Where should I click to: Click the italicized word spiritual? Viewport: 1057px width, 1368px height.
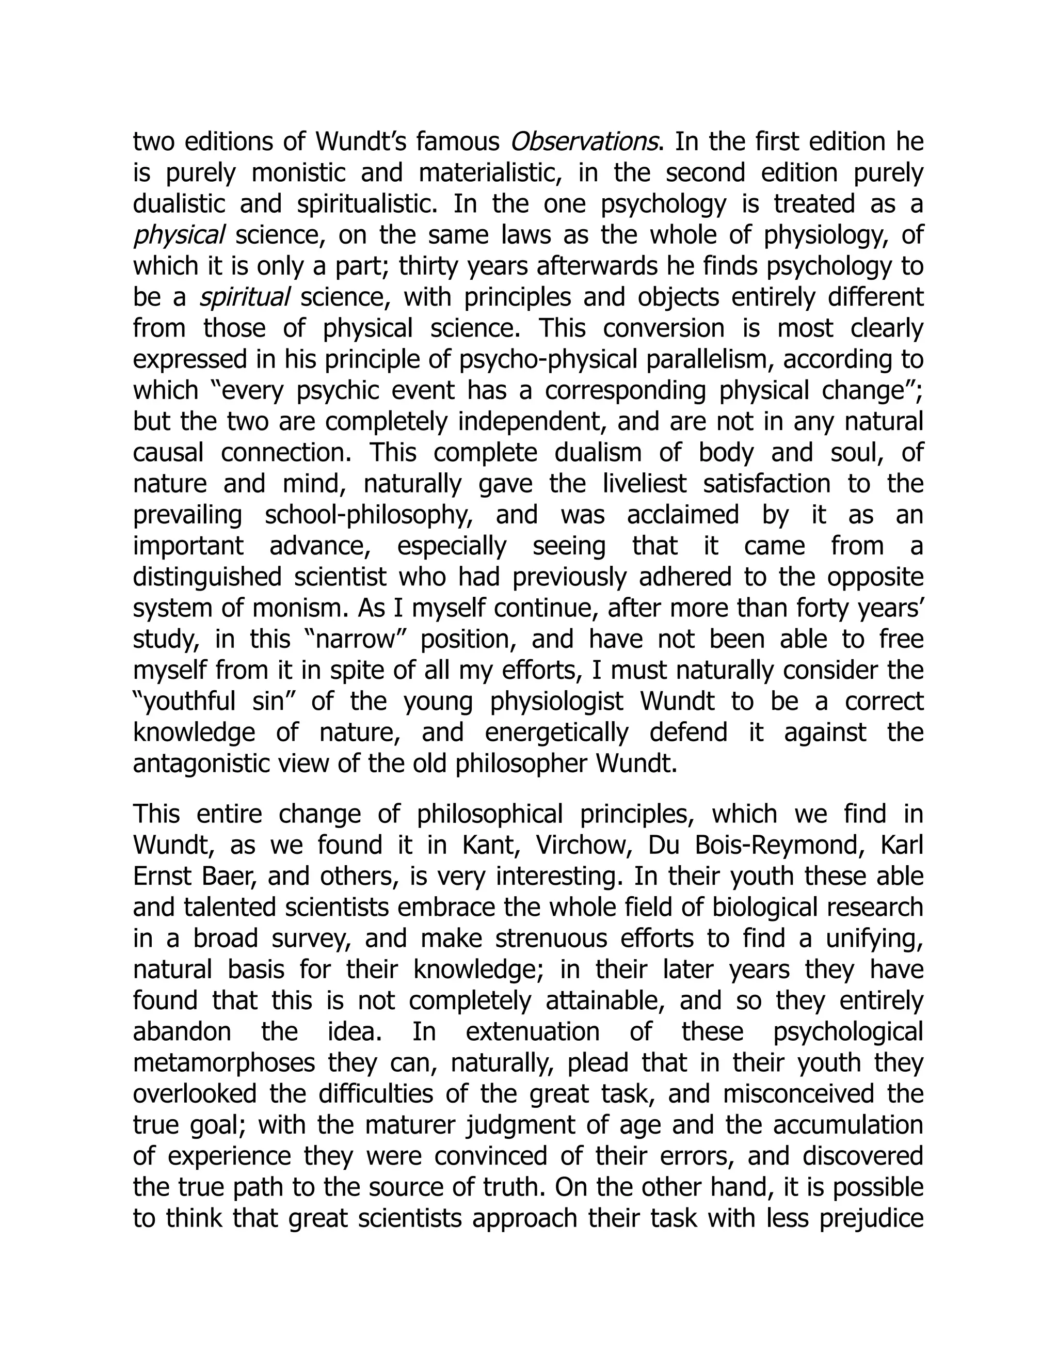244,297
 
